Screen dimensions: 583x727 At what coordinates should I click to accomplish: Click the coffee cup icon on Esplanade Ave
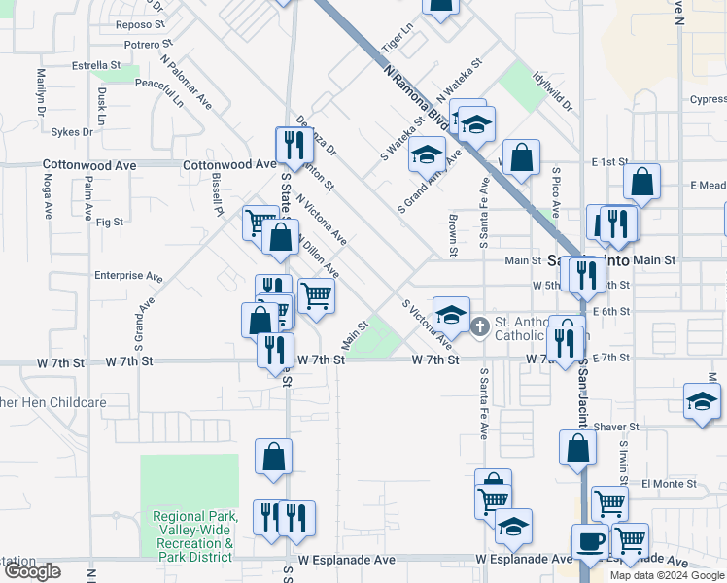click(x=590, y=541)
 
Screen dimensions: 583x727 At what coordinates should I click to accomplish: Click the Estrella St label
click(x=94, y=66)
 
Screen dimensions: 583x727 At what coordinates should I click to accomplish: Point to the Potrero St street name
click(x=147, y=44)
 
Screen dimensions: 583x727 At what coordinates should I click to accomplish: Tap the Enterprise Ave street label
click(x=128, y=276)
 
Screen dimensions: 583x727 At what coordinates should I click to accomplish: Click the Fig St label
click(x=111, y=222)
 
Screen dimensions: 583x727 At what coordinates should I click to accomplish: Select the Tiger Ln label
click(x=399, y=43)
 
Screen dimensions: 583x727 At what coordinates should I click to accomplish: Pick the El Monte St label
click(x=669, y=483)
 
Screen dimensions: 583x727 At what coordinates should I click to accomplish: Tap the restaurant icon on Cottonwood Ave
click(x=292, y=146)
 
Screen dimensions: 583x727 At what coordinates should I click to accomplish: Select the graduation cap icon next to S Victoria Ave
click(x=451, y=315)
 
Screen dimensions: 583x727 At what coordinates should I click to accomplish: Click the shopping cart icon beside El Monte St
click(x=609, y=503)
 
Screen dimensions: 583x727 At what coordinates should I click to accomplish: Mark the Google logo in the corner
click(x=33, y=571)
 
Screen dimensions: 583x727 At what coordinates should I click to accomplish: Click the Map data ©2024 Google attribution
click(x=667, y=575)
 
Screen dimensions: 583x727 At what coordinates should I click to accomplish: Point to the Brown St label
click(x=453, y=236)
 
